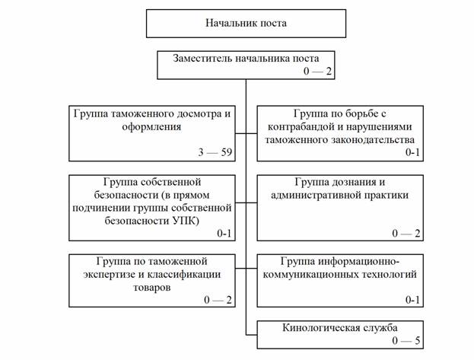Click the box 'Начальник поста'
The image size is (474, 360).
pos(246,24)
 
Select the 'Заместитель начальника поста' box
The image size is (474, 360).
pos(246,65)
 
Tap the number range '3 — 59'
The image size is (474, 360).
pos(215,152)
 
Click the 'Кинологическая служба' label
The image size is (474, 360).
pos(340,328)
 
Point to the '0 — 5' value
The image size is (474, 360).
pos(406,341)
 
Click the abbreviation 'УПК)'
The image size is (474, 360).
pos(186,221)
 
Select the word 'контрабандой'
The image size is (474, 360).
pos(301,127)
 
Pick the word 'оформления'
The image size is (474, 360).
pos(151,127)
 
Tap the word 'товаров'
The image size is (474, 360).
pos(151,287)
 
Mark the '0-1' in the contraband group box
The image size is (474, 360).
pos(412,152)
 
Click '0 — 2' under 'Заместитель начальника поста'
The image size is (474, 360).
pos(317,71)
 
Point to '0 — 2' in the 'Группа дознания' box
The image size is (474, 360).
pos(406,233)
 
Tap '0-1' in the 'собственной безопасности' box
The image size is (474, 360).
pos(224,233)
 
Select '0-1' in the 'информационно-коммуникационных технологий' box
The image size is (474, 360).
pos(412,300)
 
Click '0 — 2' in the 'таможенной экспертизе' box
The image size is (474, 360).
pos(218,300)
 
